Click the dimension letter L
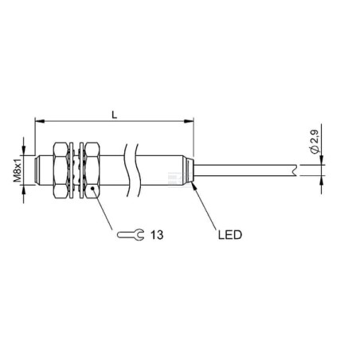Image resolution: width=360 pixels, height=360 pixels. pyautogui.click(x=115, y=115)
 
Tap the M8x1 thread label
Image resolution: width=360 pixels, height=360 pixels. pyautogui.click(x=18, y=170)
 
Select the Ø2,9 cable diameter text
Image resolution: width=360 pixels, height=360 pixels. pyautogui.click(x=315, y=141)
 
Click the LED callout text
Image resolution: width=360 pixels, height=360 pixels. pyautogui.click(x=230, y=235)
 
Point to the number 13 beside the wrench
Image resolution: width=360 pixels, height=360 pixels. pyautogui.click(x=157, y=235)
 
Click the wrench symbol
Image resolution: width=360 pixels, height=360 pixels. pyautogui.click(x=131, y=235)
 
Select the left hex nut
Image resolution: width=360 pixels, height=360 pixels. pyautogui.click(x=61, y=170)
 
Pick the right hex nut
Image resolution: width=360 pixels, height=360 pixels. pyautogui.click(x=92, y=170)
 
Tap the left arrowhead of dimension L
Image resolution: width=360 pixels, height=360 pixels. pyautogui.click(x=39, y=121)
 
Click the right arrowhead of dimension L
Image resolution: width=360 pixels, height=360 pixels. pyautogui.click(x=190, y=121)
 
